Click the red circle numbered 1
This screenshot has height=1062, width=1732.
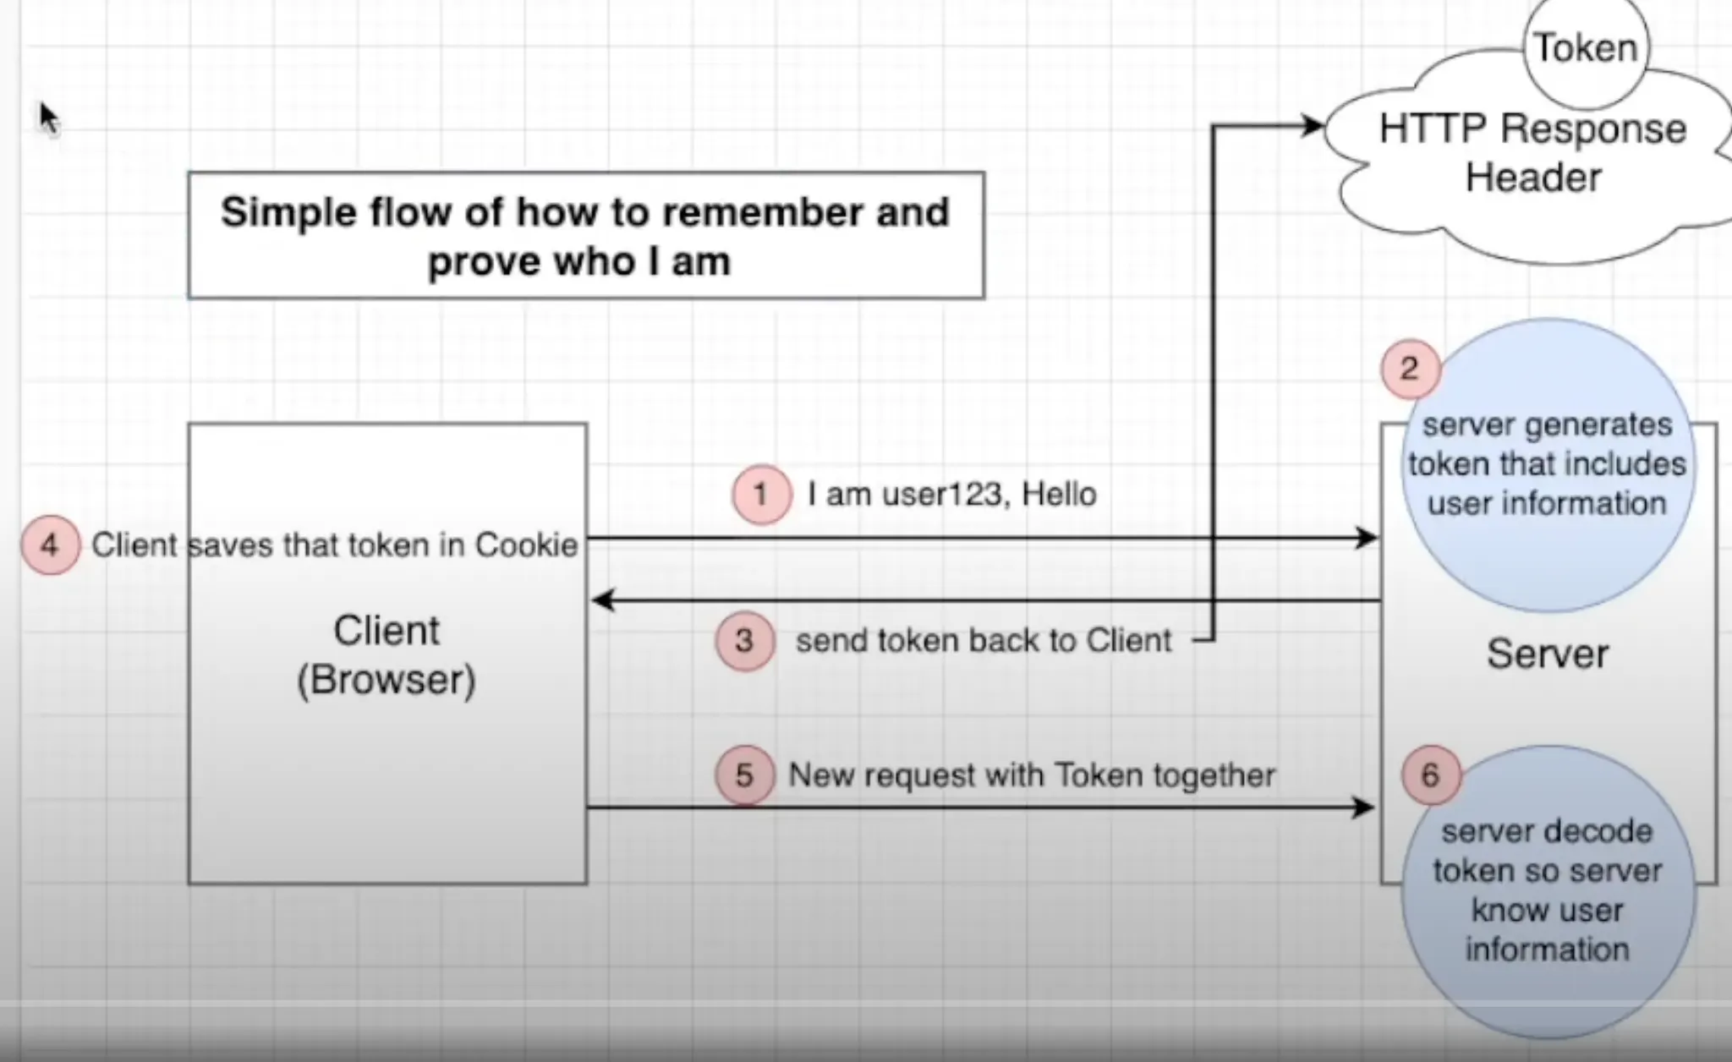point(761,495)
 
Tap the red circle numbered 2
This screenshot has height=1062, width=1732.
point(1410,369)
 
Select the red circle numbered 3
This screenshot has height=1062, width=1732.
point(744,641)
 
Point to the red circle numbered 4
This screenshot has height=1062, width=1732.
point(50,545)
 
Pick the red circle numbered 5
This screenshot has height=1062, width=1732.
point(744,775)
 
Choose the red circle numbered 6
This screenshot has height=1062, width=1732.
point(1430,775)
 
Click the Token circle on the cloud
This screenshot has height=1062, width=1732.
point(1586,48)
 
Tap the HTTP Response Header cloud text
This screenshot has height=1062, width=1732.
point(1532,153)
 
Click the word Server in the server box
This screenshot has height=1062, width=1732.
point(1547,654)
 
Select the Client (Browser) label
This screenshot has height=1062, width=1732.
point(386,655)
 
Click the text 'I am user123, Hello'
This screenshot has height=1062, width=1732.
point(951,495)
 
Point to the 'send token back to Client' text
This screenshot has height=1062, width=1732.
point(984,641)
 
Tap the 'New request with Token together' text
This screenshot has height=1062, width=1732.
point(1032,775)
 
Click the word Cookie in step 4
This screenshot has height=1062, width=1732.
point(526,545)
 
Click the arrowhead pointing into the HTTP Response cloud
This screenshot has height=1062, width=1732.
point(1313,127)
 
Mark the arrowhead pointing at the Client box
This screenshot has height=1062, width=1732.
point(601,601)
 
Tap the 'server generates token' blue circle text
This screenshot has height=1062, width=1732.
point(1547,464)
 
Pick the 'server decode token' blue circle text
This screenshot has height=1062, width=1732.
point(1547,890)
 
